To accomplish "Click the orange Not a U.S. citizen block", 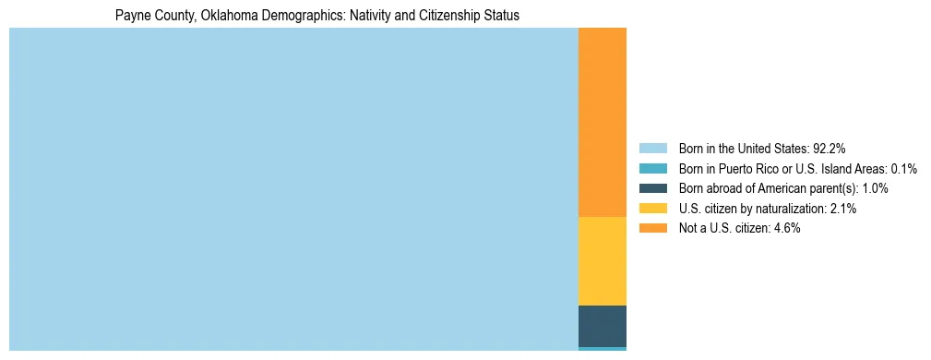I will pyautogui.click(x=602, y=122).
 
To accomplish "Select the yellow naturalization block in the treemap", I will pyautogui.click(x=602, y=260).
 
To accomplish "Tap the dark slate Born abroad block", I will pyautogui.click(x=602, y=326).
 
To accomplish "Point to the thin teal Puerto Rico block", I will pyautogui.click(x=602, y=349).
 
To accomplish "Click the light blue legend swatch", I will pyautogui.click(x=652, y=148).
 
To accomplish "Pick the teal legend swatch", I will pyautogui.click(x=652, y=168).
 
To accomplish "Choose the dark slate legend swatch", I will pyautogui.click(x=652, y=188).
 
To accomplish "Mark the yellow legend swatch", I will pyautogui.click(x=652, y=209).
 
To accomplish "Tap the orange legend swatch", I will pyautogui.click(x=652, y=228).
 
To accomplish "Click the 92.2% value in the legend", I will pyautogui.click(x=829, y=148).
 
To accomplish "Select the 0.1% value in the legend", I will pyautogui.click(x=903, y=168).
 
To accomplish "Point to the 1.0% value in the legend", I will pyautogui.click(x=876, y=188).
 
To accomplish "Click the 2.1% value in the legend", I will pyautogui.click(x=842, y=209).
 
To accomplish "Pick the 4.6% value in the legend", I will pyautogui.click(x=786, y=228).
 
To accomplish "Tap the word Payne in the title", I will pyautogui.click(x=131, y=16).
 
